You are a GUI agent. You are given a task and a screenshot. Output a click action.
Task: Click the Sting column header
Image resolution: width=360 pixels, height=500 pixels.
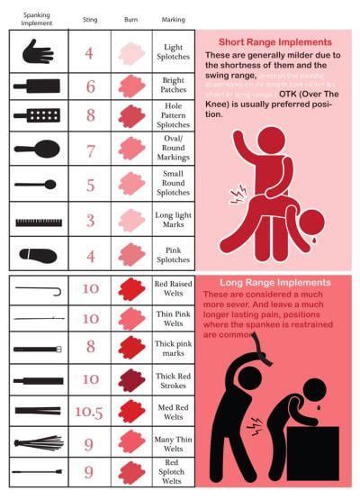tap(89, 18)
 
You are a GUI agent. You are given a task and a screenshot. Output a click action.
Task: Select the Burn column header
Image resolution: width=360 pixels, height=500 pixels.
tap(132, 18)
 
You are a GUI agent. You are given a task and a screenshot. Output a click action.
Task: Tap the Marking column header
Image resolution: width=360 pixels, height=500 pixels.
tap(173, 18)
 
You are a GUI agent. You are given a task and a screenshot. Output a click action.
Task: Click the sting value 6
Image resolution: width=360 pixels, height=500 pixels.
tap(90, 86)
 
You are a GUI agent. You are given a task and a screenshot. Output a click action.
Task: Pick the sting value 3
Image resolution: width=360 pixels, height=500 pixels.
tap(90, 220)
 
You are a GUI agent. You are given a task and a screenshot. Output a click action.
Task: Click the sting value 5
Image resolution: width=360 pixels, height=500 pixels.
tap(90, 185)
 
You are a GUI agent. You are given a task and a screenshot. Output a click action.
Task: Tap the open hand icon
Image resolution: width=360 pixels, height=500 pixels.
tap(38, 51)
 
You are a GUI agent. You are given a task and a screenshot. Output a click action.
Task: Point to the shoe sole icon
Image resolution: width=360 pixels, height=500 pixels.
tap(38, 255)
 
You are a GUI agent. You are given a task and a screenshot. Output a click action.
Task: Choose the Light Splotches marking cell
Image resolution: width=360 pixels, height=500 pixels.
tap(173, 52)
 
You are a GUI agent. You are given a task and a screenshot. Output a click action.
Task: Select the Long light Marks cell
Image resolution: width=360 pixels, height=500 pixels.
tap(173, 220)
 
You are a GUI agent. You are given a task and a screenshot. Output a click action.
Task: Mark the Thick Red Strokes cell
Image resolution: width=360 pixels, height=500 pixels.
tap(173, 380)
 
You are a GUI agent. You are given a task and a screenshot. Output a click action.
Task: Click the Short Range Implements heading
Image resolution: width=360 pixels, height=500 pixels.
tap(274, 42)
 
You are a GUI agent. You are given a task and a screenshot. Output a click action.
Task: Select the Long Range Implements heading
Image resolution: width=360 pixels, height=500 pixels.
tap(274, 282)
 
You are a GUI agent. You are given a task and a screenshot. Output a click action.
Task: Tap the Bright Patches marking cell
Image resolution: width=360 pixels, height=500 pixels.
tap(173, 86)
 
